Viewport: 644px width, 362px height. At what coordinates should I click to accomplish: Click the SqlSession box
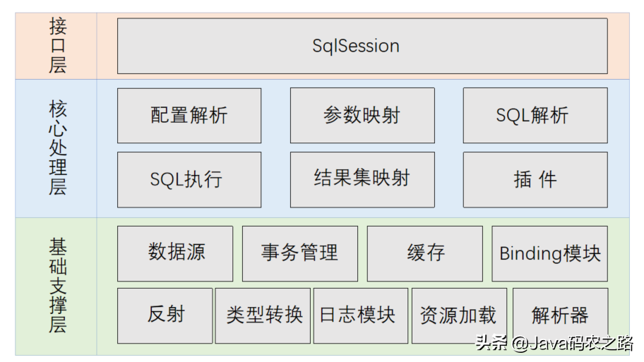(362, 46)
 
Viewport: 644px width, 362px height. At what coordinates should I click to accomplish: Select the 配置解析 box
(189, 115)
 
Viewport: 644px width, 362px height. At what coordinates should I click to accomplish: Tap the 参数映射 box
(362, 115)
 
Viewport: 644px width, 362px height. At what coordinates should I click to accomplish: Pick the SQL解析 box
(535, 115)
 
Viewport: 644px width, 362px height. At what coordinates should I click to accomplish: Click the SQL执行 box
(189, 180)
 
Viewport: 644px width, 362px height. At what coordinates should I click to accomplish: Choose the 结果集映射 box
(362, 180)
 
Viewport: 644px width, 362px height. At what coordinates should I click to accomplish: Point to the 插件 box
(535, 180)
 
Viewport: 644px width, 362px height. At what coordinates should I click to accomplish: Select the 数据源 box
(175, 253)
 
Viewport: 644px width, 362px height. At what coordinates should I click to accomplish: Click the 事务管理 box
(300, 253)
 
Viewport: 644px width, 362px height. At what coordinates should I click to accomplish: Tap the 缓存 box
(424, 253)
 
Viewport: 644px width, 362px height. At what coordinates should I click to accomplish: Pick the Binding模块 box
(550, 253)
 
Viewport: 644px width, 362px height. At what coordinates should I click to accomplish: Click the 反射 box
(165, 315)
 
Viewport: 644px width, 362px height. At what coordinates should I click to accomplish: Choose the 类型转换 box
(263, 315)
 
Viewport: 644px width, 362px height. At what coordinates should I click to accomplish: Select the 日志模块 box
(361, 315)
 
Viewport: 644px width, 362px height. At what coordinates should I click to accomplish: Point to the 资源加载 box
(459, 315)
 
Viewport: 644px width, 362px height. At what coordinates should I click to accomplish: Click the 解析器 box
(560, 315)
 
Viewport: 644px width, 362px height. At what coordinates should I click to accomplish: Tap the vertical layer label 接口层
(58, 46)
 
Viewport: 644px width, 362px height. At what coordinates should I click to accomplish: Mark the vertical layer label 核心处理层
(58, 147)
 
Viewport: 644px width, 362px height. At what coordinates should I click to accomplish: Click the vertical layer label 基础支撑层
(58, 285)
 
